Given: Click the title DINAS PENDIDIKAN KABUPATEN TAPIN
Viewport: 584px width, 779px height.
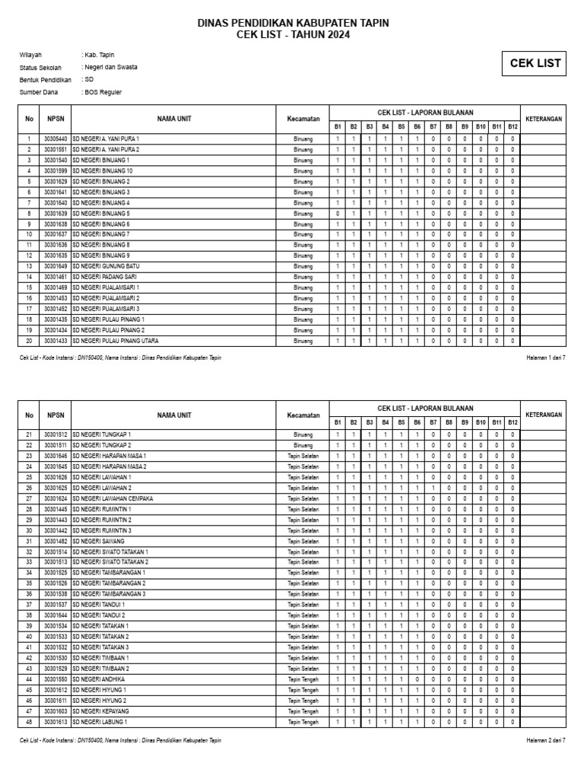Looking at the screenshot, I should point(293,24).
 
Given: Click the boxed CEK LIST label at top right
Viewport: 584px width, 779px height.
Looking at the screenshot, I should point(535,64).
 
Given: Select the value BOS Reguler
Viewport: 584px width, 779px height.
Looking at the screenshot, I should point(103,92).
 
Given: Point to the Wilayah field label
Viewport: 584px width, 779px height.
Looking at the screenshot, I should point(31,56).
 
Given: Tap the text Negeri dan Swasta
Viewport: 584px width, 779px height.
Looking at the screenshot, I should point(110,68).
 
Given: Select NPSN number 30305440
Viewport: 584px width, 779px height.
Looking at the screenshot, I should point(56,139).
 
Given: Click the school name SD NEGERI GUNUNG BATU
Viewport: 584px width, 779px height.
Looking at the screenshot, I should point(109,266).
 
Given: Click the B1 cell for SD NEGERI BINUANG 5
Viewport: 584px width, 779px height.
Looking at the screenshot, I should point(338,214).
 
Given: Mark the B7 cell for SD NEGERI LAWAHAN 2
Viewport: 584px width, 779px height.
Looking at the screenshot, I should point(433,488).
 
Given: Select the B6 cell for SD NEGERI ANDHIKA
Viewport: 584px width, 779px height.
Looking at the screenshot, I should point(417,679).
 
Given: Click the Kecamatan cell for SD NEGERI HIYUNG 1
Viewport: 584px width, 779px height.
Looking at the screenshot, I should point(303,689).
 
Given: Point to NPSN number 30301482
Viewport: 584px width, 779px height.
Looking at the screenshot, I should point(56,541).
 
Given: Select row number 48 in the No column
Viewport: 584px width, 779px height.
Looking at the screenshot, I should point(29,721).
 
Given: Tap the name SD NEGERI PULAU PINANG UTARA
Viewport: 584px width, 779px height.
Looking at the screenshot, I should point(116,341).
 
